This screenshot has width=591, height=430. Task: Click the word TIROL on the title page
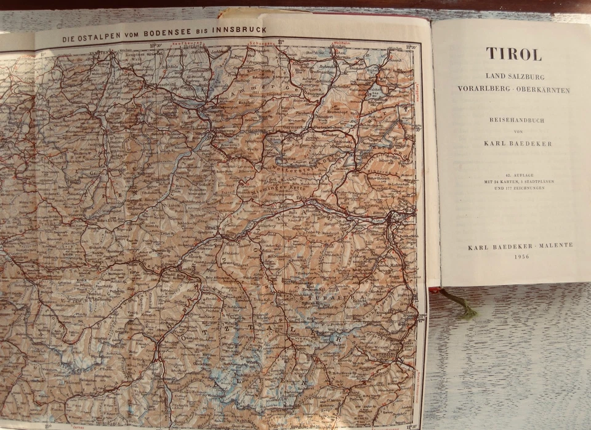pyautogui.click(x=513, y=54)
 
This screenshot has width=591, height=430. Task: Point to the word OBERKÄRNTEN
pyautogui.click(x=544, y=90)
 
